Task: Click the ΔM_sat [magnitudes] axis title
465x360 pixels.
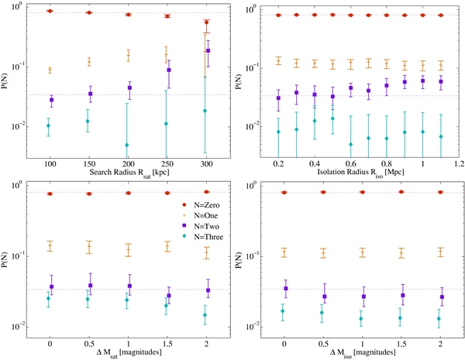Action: (x=128, y=353)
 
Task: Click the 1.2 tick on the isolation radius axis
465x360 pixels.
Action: (x=458, y=164)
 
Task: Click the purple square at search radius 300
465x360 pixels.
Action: (x=208, y=51)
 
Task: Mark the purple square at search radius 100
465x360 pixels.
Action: (x=50, y=100)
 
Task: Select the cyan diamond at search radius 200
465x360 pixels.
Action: (x=127, y=145)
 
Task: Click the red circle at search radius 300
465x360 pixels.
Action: (x=207, y=22)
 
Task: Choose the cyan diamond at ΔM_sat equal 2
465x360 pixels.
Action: (x=207, y=315)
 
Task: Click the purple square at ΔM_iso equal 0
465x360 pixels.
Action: (x=284, y=289)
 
